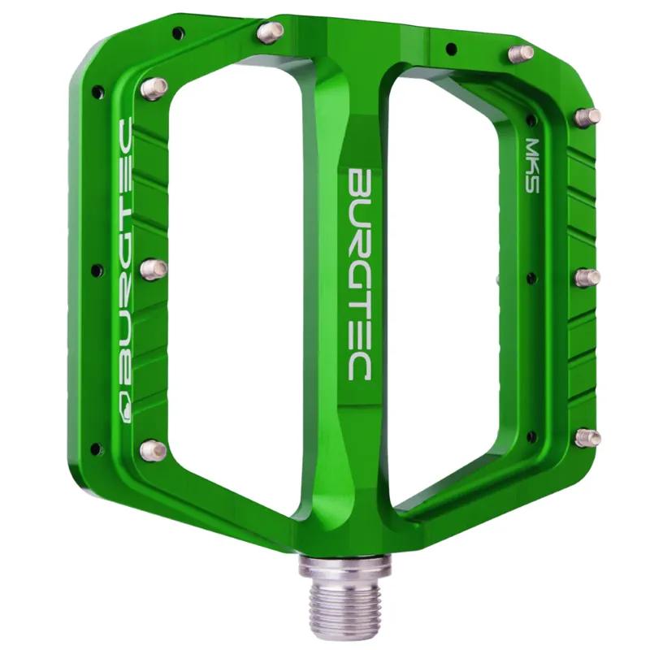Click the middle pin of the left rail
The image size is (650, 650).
(154, 268)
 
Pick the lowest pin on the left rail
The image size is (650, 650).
(153, 449)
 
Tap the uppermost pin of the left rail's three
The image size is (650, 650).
(154, 88)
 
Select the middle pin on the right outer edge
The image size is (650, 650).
(587, 278)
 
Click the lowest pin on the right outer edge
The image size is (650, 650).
(587, 438)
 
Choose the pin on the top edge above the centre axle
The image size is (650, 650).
(270, 32)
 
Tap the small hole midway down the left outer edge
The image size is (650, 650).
(97, 270)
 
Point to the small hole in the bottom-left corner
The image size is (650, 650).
(97, 448)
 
